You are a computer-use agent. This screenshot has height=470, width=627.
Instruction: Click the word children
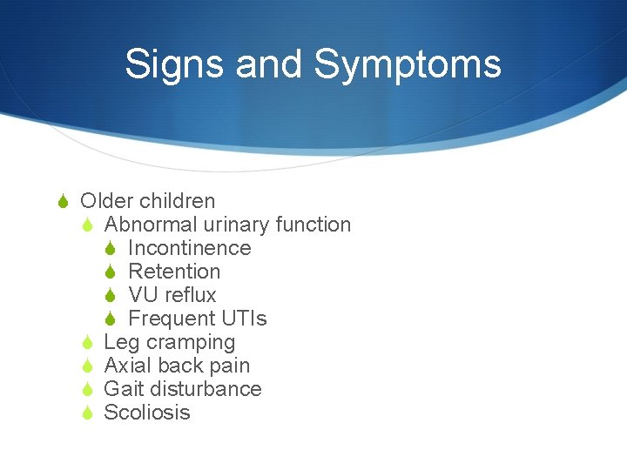[x=177, y=201]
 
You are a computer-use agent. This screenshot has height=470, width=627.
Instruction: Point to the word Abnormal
[x=144, y=225]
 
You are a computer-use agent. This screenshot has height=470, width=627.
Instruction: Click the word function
[x=313, y=225]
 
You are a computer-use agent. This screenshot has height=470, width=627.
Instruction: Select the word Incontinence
[x=189, y=248]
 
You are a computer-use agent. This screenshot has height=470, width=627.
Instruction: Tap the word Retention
[x=174, y=272]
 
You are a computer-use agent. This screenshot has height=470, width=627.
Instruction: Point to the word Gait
[x=123, y=389]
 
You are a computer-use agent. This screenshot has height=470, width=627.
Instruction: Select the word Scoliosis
[x=146, y=413]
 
